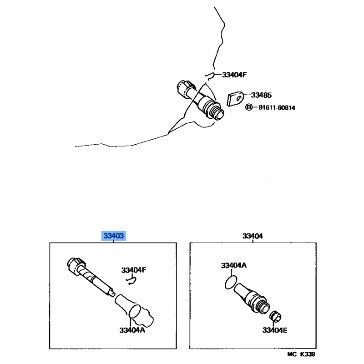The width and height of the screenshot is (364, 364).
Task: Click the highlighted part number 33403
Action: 113,236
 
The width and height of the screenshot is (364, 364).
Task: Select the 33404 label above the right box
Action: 253,236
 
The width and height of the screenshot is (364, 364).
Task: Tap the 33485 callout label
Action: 261,95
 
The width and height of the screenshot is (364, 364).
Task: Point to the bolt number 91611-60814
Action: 277,108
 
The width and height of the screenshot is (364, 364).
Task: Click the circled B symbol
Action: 248,107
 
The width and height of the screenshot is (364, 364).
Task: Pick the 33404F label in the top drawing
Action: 234,75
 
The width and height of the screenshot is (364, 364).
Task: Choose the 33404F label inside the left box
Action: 134,270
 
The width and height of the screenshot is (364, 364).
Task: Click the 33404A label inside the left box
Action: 132,330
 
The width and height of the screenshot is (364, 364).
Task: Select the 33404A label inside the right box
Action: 233,265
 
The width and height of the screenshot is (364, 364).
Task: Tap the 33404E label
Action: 275,330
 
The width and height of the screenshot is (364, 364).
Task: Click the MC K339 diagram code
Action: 301,354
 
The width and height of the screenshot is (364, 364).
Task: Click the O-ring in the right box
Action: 231,282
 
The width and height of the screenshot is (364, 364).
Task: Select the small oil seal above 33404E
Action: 275,316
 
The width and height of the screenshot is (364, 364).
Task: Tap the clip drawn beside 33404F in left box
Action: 131,280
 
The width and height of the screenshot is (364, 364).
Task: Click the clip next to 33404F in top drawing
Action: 209,76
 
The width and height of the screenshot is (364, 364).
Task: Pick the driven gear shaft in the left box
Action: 90,277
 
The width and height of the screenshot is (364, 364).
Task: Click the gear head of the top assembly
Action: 186,89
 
